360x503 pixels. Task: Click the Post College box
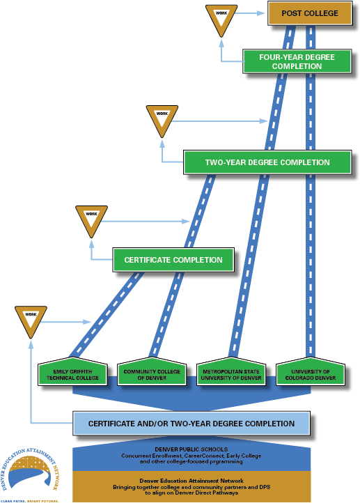310,13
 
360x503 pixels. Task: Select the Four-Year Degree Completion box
297,61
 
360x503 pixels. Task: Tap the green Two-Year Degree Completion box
267,162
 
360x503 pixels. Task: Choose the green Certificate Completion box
173,260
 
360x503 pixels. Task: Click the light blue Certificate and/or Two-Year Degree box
191,424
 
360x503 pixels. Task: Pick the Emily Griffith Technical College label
73,375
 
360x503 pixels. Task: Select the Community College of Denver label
152,375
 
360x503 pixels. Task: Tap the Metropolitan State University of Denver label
231,375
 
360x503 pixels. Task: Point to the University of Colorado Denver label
311,375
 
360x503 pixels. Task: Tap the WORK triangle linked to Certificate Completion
91,219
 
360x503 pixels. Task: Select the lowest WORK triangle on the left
31,319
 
